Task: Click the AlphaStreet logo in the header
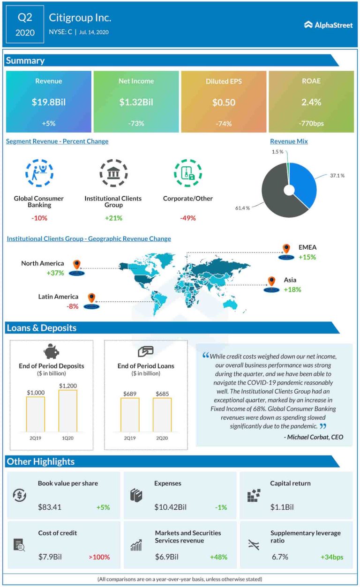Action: point(328,25)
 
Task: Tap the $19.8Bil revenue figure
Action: point(48,102)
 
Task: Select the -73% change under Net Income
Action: point(136,124)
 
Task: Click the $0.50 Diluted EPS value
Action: point(224,102)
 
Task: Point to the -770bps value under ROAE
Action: point(311,124)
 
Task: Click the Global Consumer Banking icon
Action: point(39,173)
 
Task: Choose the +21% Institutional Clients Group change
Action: point(113,218)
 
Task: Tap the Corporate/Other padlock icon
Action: point(187,173)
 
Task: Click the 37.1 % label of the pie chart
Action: point(337,175)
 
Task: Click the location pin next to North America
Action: point(76,265)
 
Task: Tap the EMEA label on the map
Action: point(307,247)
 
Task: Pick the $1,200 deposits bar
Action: point(67,411)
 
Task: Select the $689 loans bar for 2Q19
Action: point(130,415)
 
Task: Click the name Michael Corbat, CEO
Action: point(314,437)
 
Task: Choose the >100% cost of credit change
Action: point(99,557)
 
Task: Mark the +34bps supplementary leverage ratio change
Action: point(331,557)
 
